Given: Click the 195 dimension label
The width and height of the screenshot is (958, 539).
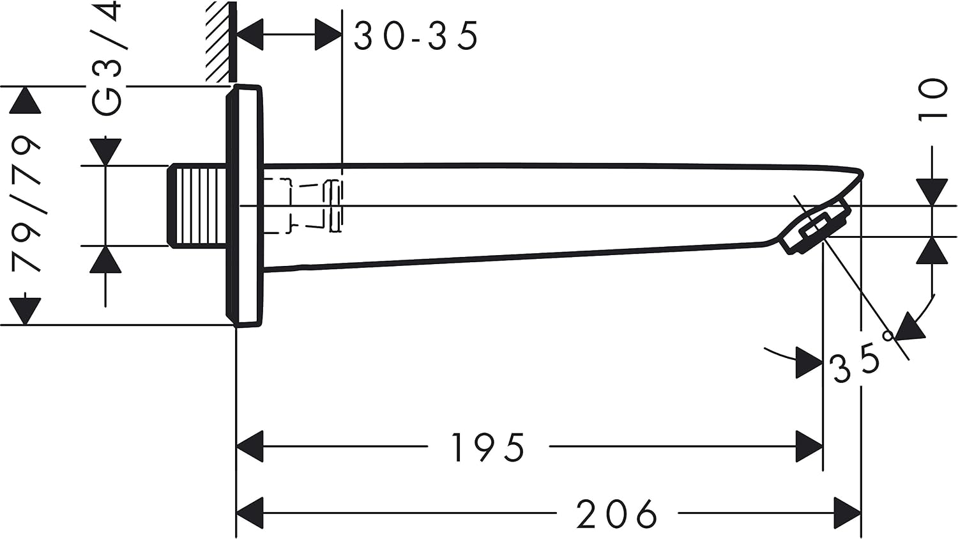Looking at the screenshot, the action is point(488,448).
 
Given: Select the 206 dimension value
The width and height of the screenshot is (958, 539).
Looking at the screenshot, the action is point(616,513).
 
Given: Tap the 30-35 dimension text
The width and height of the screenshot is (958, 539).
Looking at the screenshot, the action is point(415,36).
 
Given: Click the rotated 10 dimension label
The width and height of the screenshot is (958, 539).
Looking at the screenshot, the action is point(932,100).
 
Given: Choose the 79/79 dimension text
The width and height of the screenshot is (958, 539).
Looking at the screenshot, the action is point(26,205).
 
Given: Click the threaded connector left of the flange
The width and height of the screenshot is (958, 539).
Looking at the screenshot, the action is point(197,205).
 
